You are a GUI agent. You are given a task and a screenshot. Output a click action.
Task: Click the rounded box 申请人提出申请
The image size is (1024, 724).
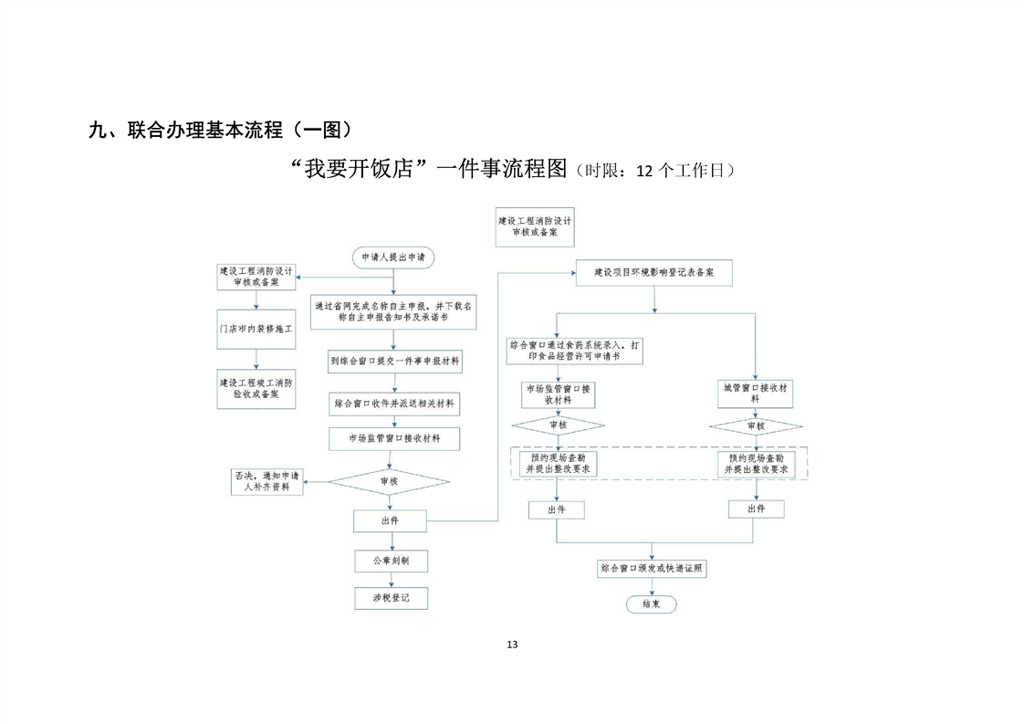pyautogui.click(x=392, y=258)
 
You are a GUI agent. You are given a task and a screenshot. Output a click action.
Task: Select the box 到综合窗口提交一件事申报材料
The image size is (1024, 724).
pyautogui.click(x=394, y=362)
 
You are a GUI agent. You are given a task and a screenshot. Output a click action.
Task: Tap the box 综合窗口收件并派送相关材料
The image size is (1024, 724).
pyautogui.click(x=394, y=403)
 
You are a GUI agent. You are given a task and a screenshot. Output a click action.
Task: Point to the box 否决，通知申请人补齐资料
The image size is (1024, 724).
pyautogui.click(x=266, y=481)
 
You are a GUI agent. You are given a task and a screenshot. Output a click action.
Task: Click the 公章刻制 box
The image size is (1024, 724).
pyautogui.click(x=392, y=561)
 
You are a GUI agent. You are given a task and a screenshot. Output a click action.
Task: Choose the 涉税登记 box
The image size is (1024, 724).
pyautogui.click(x=392, y=599)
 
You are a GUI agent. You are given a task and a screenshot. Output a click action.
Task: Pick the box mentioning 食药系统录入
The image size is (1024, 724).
pyautogui.click(x=573, y=351)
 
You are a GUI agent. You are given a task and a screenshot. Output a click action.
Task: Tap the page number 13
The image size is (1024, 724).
pyautogui.click(x=511, y=645)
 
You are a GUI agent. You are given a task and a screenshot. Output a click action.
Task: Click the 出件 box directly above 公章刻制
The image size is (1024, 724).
pyautogui.click(x=390, y=520)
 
